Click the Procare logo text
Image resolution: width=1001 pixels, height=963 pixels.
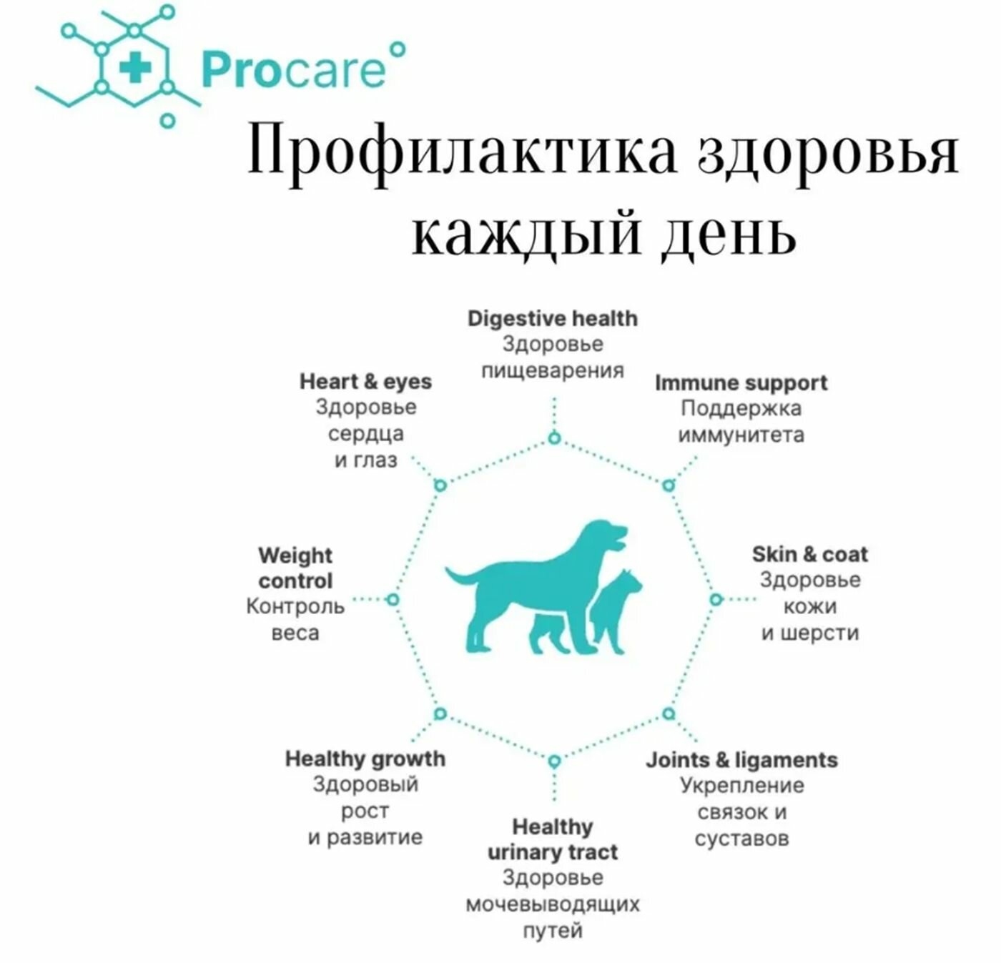click(x=293, y=70)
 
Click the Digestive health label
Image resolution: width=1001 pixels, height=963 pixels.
click(x=552, y=318)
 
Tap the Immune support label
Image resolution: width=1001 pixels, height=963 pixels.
click(x=741, y=382)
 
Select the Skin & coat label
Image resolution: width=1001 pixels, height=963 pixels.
click(x=809, y=554)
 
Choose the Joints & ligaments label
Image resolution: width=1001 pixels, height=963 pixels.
click(x=741, y=759)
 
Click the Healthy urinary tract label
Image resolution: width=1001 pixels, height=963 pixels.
click(x=552, y=839)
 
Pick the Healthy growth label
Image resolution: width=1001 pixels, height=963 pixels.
click(x=365, y=759)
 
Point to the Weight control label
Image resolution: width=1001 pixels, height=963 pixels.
click(x=295, y=568)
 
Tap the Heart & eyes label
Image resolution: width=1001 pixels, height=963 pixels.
click(x=365, y=381)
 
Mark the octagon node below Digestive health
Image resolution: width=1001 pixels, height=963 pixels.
click(x=553, y=438)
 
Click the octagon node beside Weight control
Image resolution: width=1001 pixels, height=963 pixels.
click(x=392, y=599)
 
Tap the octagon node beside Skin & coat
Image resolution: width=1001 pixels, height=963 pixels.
click(x=716, y=599)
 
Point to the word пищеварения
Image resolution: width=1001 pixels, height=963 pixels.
click(x=552, y=370)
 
